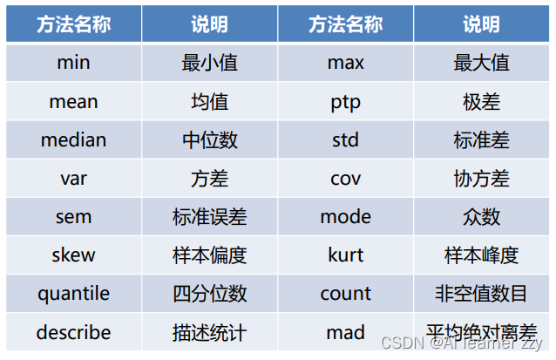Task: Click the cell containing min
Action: (x=73, y=63)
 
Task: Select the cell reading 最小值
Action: (x=209, y=63)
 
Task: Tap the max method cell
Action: (x=345, y=63)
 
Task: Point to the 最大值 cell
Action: (x=481, y=63)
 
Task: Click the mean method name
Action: (x=73, y=101)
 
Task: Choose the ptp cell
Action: (x=345, y=101)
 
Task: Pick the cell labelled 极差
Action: (x=481, y=101)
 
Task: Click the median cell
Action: (x=73, y=139)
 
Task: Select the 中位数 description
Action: (x=209, y=139)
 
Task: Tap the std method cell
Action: (x=345, y=139)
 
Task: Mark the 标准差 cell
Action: (x=481, y=139)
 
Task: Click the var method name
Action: (x=73, y=178)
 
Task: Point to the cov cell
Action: (x=345, y=178)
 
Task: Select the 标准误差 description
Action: (x=209, y=216)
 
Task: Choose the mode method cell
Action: (x=345, y=216)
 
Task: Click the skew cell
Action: (x=73, y=255)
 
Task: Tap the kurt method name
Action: (x=345, y=255)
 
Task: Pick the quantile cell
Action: (x=73, y=293)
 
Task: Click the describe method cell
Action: (x=73, y=332)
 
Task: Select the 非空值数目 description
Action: (x=481, y=293)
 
